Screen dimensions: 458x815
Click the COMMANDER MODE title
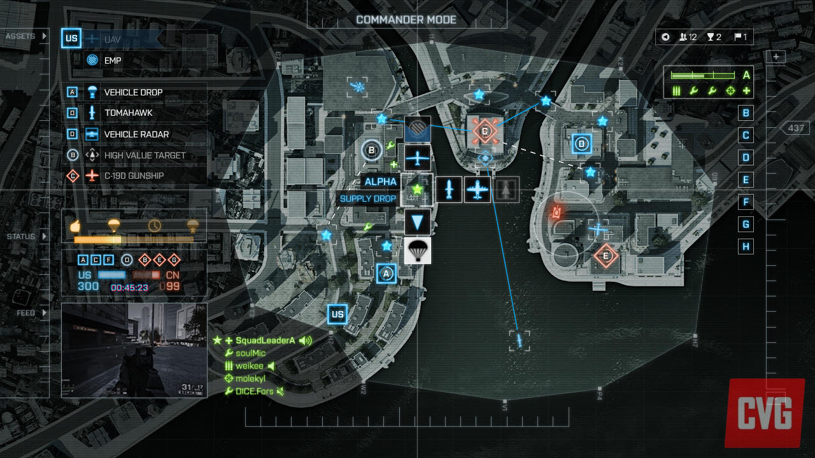[x=406, y=20]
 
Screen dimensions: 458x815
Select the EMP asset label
[x=113, y=60]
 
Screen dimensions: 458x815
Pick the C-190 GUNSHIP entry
[x=134, y=176]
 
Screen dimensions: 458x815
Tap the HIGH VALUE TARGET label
[x=145, y=155]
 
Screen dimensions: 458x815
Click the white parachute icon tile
[x=418, y=251]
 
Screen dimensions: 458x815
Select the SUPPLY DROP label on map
[x=368, y=198]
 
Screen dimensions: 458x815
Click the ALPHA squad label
[x=381, y=182]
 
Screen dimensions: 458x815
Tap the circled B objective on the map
[x=371, y=150]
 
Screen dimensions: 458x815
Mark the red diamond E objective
[x=606, y=256]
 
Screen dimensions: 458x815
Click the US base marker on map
[x=337, y=314]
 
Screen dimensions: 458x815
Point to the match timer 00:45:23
[x=129, y=288]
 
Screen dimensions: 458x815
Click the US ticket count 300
[x=89, y=287]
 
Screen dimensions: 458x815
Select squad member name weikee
[x=250, y=366]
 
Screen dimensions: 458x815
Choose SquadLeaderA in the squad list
[x=266, y=340]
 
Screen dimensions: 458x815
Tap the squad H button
[x=746, y=246]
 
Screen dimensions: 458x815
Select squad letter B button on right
[x=746, y=113]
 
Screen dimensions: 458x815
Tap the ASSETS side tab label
[x=20, y=36]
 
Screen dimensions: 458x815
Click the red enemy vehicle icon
[x=556, y=212]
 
